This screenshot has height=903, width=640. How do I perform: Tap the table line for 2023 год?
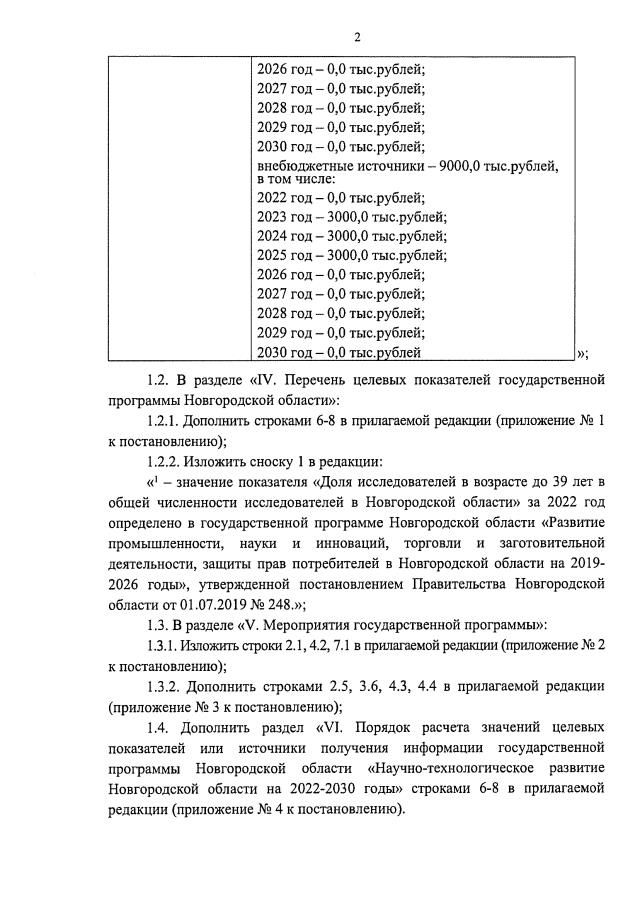tap(351, 218)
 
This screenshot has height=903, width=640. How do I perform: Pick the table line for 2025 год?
tap(351, 255)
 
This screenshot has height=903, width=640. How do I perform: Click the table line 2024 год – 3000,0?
tap(351, 237)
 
